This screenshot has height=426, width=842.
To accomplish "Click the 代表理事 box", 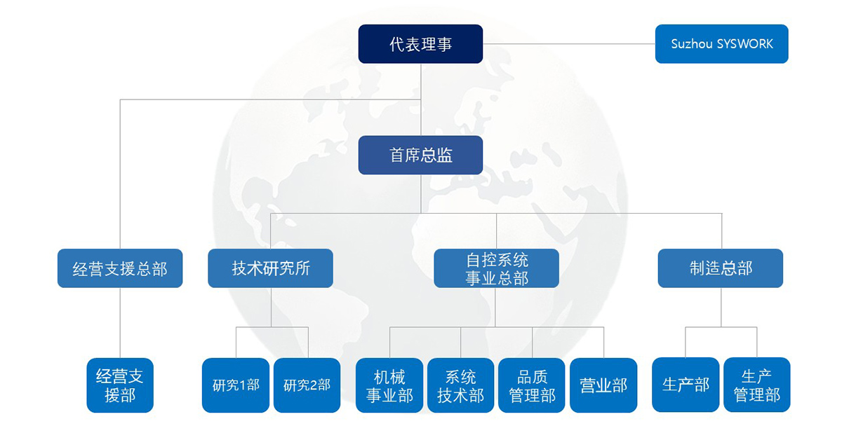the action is [x=420, y=44].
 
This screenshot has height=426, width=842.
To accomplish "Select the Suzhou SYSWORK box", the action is [x=721, y=44].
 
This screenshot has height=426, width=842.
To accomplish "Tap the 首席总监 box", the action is [x=420, y=155].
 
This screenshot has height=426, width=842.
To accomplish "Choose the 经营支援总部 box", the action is [x=120, y=268].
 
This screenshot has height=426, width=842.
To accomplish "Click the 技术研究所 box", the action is [x=270, y=268].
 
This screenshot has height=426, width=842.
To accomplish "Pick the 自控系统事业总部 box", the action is [x=496, y=268].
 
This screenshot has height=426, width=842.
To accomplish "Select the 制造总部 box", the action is [x=720, y=268].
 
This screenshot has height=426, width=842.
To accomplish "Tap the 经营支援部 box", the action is [x=120, y=385].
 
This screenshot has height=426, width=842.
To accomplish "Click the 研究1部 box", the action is [x=236, y=385].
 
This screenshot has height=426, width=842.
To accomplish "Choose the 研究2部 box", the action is [x=307, y=385].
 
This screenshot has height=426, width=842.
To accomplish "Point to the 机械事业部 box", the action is [x=389, y=385].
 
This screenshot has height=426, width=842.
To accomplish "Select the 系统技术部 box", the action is [x=460, y=385].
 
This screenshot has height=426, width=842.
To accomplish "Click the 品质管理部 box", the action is [x=532, y=385].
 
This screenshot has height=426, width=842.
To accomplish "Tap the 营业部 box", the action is [x=603, y=385].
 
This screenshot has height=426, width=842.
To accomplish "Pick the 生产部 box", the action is [x=686, y=385].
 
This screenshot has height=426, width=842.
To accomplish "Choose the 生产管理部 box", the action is [x=756, y=385].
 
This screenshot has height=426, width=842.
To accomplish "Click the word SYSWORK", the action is [x=744, y=44].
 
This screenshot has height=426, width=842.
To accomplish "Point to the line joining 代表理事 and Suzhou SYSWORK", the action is [x=569, y=44].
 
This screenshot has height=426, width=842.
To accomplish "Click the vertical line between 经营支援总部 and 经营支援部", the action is [x=120, y=323].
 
